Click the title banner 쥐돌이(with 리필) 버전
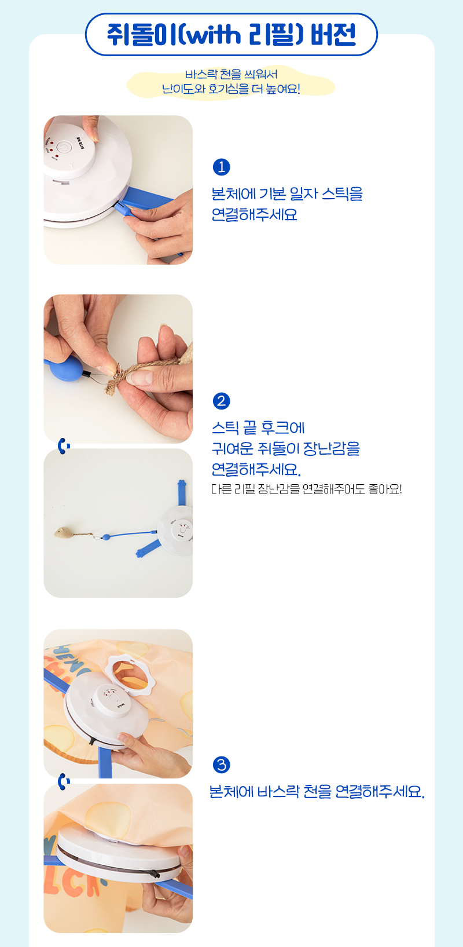[x=231, y=34]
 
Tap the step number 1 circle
[x=221, y=167]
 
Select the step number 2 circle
[x=221, y=401]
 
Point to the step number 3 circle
[x=221, y=765]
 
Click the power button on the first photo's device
[x=63, y=148]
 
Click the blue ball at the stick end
[x=65, y=368]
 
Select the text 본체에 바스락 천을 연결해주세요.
[x=317, y=791]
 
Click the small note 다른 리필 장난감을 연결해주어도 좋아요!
[x=306, y=489]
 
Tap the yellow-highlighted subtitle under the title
[x=231, y=82]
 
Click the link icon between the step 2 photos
[x=63, y=446]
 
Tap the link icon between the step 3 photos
[x=63, y=781]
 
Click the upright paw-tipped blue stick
[x=182, y=492]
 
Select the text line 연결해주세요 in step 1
[x=254, y=215]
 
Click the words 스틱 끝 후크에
[x=258, y=428]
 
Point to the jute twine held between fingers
[x=139, y=372]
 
